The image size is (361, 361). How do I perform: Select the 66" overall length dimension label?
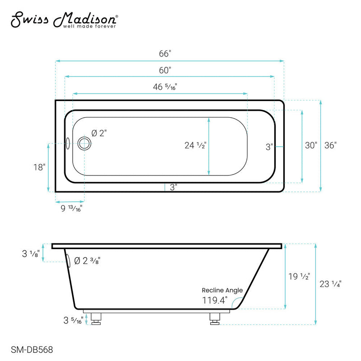click(x=165, y=54)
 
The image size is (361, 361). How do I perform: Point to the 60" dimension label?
click(x=165, y=71)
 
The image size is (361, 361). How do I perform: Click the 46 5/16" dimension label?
click(x=165, y=87)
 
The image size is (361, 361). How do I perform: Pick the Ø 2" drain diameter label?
click(x=99, y=133)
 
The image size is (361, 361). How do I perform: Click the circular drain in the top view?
click(x=84, y=143)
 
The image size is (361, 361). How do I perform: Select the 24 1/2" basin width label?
click(x=195, y=145)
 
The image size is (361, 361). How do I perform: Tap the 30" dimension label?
click(x=311, y=145)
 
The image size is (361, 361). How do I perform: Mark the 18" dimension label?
click(x=39, y=167)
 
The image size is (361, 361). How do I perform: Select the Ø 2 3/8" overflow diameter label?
click(x=87, y=261)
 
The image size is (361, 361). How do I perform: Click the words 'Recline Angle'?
click(x=222, y=290)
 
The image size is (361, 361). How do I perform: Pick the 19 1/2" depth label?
click(x=299, y=277)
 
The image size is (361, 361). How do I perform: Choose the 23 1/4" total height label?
click(x=330, y=284)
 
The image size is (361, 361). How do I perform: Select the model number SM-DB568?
click(x=29, y=349)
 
